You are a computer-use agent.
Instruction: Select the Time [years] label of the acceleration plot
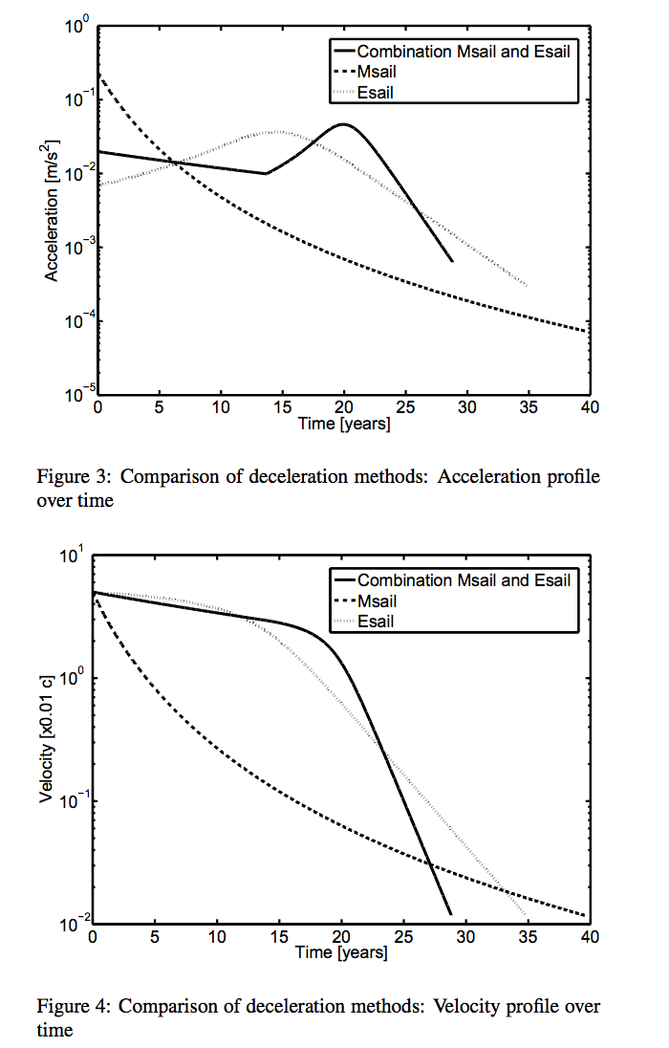pyautogui.click(x=343, y=424)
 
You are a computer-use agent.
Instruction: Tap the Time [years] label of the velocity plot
pyautogui.click(x=341, y=952)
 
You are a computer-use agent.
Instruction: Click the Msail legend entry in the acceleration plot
pyautogui.click(x=376, y=72)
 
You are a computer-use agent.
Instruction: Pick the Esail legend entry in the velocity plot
pyautogui.click(x=375, y=622)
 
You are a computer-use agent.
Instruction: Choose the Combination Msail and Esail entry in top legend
pyautogui.click(x=463, y=52)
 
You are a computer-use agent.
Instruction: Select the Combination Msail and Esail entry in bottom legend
pyautogui.click(x=463, y=580)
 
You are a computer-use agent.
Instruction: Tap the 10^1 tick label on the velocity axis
pyautogui.click(x=76, y=555)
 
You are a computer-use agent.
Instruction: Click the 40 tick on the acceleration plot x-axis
pyautogui.click(x=589, y=406)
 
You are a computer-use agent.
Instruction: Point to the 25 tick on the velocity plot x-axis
pyautogui.click(x=403, y=937)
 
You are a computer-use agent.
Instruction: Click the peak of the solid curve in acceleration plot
pyautogui.click(x=343, y=124)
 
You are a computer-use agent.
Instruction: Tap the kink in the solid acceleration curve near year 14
pyautogui.click(x=266, y=173)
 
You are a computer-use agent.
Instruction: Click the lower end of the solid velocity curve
pyautogui.click(x=449, y=914)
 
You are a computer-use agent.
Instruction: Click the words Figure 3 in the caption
pyautogui.click(x=69, y=476)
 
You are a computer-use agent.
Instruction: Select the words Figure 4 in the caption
pyautogui.click(x=69, y=1006)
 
